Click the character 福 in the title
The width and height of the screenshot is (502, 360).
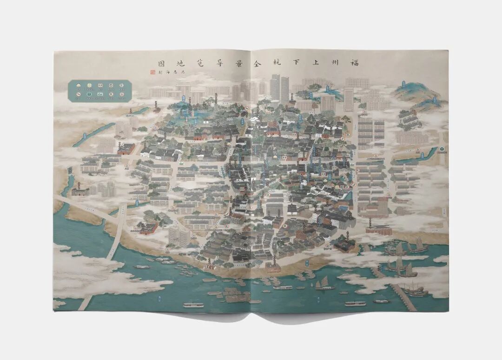point(355,63)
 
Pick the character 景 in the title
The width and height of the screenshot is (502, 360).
point(233,63)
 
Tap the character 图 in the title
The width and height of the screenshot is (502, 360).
point(160,63)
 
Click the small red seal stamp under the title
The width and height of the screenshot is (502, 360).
point(152,72)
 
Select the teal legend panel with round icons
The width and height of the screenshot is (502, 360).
point(99,91)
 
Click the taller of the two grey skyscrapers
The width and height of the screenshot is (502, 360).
point(275,88)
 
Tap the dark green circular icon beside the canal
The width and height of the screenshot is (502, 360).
point(442,150)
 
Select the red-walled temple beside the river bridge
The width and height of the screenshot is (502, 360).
point(148,228)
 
